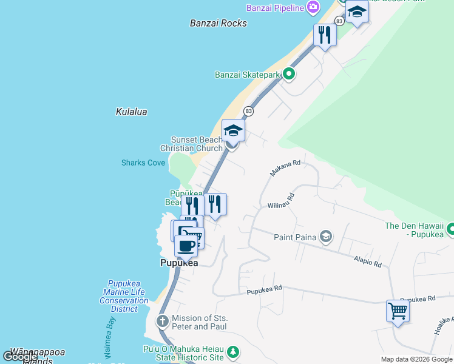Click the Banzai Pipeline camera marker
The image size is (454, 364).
pos(313,7)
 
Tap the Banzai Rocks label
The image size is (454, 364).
pos(219,23)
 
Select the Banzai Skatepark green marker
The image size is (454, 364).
pos(289,75)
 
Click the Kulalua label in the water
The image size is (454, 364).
pos(131,112)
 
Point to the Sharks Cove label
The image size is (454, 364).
pos(143,163)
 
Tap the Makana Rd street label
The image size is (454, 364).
pos(285,168)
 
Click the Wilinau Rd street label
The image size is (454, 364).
pos(281,201)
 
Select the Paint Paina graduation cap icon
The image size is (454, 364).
pos(326,236)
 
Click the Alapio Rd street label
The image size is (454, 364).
pos(368,261)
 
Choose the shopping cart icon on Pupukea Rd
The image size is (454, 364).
pos(398,311)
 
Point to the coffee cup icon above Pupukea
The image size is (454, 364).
pos(186,245)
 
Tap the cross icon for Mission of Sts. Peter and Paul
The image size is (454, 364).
pos(163,321)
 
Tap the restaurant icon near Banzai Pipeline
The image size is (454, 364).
pos(325,35)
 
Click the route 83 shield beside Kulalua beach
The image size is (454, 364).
pos(248,111)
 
